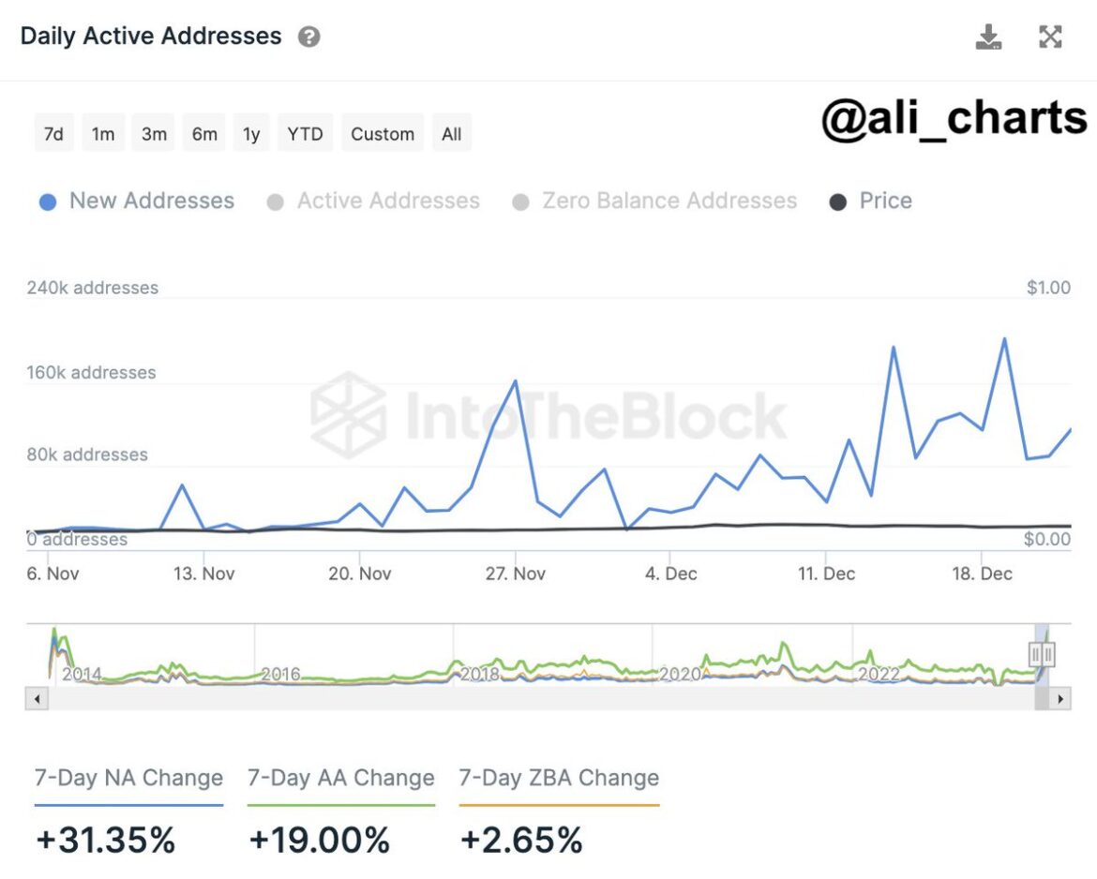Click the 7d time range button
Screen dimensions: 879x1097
53,134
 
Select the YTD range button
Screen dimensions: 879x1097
305,134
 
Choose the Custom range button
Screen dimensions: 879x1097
383,134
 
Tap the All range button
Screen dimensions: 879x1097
452,134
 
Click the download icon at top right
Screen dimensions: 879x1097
989,37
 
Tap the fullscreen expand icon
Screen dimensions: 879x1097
1051,37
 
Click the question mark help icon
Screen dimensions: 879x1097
308,37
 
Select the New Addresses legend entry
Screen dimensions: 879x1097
137,201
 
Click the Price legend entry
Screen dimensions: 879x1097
871,201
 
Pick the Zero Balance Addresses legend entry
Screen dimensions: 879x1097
655,201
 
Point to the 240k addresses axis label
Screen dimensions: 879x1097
92,288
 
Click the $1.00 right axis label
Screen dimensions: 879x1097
1048,288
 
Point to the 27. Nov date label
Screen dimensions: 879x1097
516,574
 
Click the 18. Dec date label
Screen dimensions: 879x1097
983,574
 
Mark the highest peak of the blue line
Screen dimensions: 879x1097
1005,339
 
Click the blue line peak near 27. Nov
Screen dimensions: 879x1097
516,381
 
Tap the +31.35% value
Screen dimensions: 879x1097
105,840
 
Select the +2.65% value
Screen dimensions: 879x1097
521,840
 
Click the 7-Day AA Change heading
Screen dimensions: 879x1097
340,778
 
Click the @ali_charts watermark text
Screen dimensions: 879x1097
954,119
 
